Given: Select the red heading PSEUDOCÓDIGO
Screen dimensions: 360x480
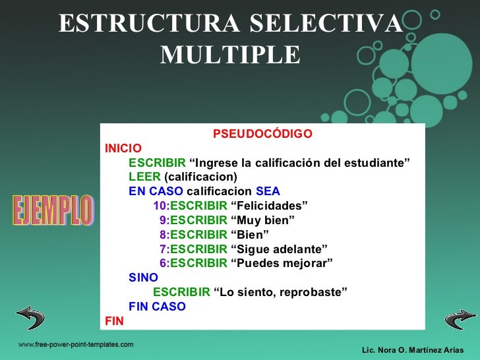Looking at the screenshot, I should tap(262, 135).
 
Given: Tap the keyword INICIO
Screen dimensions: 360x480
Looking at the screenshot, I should tap(123, 148).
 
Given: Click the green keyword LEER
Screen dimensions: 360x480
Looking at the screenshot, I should tap(144, 177).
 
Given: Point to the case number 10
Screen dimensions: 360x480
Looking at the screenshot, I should tap(161, 206).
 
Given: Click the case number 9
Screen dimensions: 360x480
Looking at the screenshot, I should tap(164, 220).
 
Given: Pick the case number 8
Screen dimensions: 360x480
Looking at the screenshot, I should tap(164, 235).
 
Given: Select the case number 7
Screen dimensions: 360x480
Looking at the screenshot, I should tap(164, 249).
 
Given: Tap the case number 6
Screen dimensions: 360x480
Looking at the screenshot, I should tap(164, 264).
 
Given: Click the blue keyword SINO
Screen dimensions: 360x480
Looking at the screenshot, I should tap(143, 278).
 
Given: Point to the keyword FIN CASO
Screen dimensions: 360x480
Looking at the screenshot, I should tap(157, 307).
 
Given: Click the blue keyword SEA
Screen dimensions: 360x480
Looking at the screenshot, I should tap(268, 191).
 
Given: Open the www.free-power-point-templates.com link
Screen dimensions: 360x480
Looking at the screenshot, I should tap(75, 345).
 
